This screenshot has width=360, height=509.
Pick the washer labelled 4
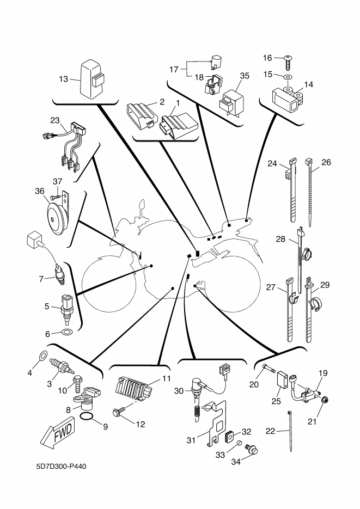click(42, 358)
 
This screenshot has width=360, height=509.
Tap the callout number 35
click(244, 76)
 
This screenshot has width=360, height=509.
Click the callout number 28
click(280, 239)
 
